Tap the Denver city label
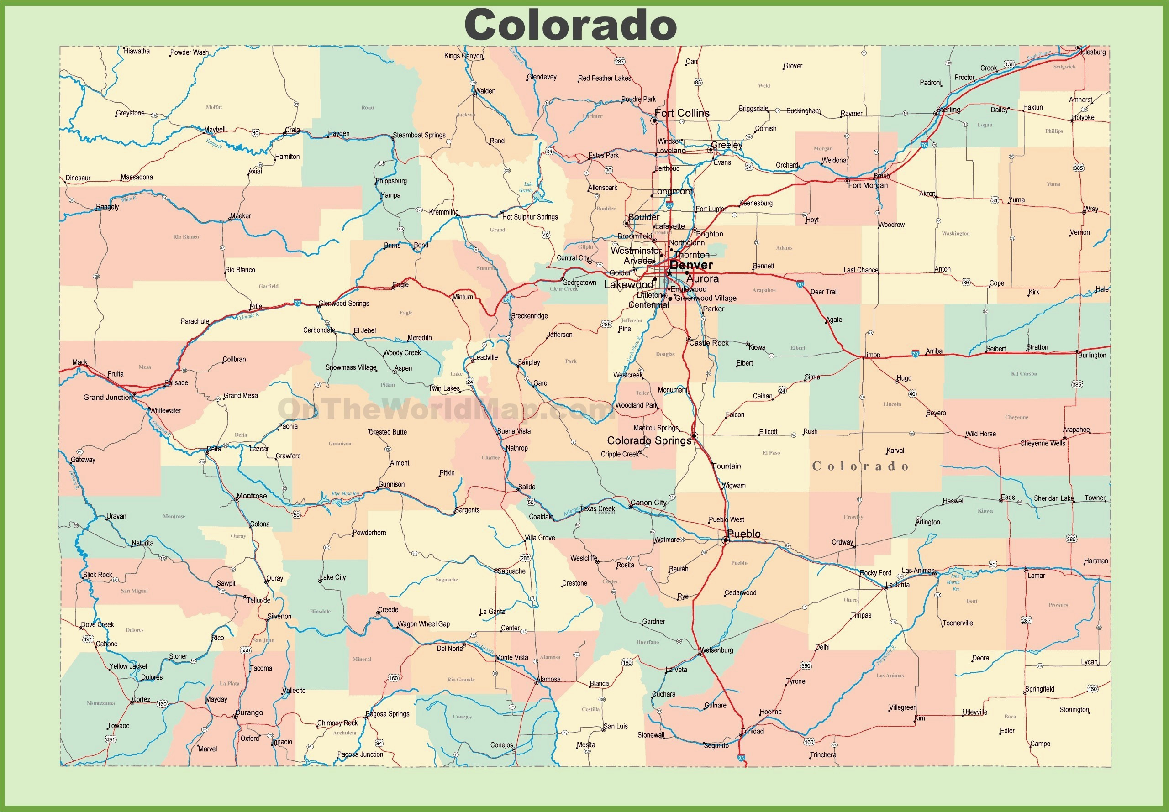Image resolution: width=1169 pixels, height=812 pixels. [x=690, y=265]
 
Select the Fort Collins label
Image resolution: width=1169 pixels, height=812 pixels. [x=681, y=113]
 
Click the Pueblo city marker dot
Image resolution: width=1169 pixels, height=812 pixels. [x=725, y=540]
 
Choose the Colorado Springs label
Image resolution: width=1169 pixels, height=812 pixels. [x=649, y=440]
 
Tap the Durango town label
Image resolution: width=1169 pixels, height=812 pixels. [x=249, y=713]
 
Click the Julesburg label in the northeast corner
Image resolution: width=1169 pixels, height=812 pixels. [x=1092, y=52]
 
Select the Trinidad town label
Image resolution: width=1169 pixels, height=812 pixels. [x=753, y=732]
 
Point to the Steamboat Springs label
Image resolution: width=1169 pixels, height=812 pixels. [x=419, y=135]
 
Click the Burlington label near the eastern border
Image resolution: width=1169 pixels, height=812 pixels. [x=1092, y=355]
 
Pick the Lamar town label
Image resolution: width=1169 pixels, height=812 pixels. [x=1036, y=576]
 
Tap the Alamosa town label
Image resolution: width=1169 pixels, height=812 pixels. [x=548, y=679]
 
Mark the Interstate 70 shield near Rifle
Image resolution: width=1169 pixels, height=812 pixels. [x=297, y=303]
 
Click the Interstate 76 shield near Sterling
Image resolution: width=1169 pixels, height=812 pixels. [x=924, y=145]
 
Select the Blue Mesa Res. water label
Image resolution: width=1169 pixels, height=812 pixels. [x=345, y=493]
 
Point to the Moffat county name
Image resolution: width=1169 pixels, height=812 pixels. [x=214, y=107]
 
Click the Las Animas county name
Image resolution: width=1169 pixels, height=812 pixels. [x=890, y=676]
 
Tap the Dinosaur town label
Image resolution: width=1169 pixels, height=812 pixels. [x=78, y=178]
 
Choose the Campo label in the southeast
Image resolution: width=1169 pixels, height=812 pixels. [x=1040, y=744]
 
